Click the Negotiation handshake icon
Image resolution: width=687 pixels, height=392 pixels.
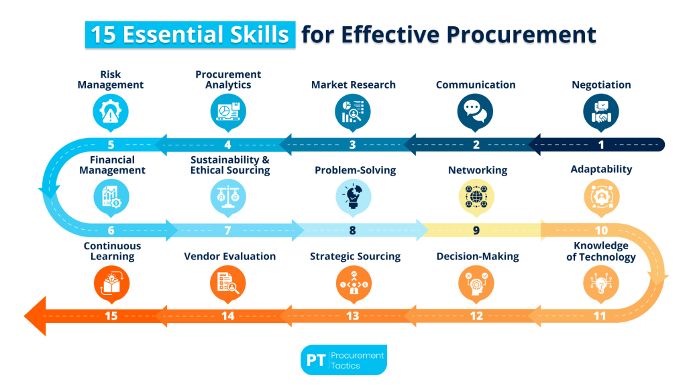coord(601,111)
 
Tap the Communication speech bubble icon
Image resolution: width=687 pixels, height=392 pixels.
coord(475,111)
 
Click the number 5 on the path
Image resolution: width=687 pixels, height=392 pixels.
coord(111,144)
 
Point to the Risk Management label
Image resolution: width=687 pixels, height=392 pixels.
coord(111,80)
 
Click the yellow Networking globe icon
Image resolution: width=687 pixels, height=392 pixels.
coord(476,196)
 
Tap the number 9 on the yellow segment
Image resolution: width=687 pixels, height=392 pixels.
coord(476,231)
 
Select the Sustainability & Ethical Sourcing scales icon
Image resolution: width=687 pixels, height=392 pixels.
coord(228,196)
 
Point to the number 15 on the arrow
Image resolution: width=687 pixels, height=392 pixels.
coord(111,316)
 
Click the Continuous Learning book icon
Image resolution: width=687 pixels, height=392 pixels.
coord(111,282)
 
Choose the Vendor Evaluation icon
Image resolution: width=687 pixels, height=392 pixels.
coord(228,282)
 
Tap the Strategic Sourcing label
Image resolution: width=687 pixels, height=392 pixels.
coord(355,256)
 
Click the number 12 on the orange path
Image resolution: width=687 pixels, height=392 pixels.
coord(476,316)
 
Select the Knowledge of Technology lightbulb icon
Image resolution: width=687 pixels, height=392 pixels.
coord(601,282)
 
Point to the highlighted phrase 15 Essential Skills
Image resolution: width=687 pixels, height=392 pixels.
coord(190,34)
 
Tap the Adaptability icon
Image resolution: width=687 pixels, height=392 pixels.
coord(601,196)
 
